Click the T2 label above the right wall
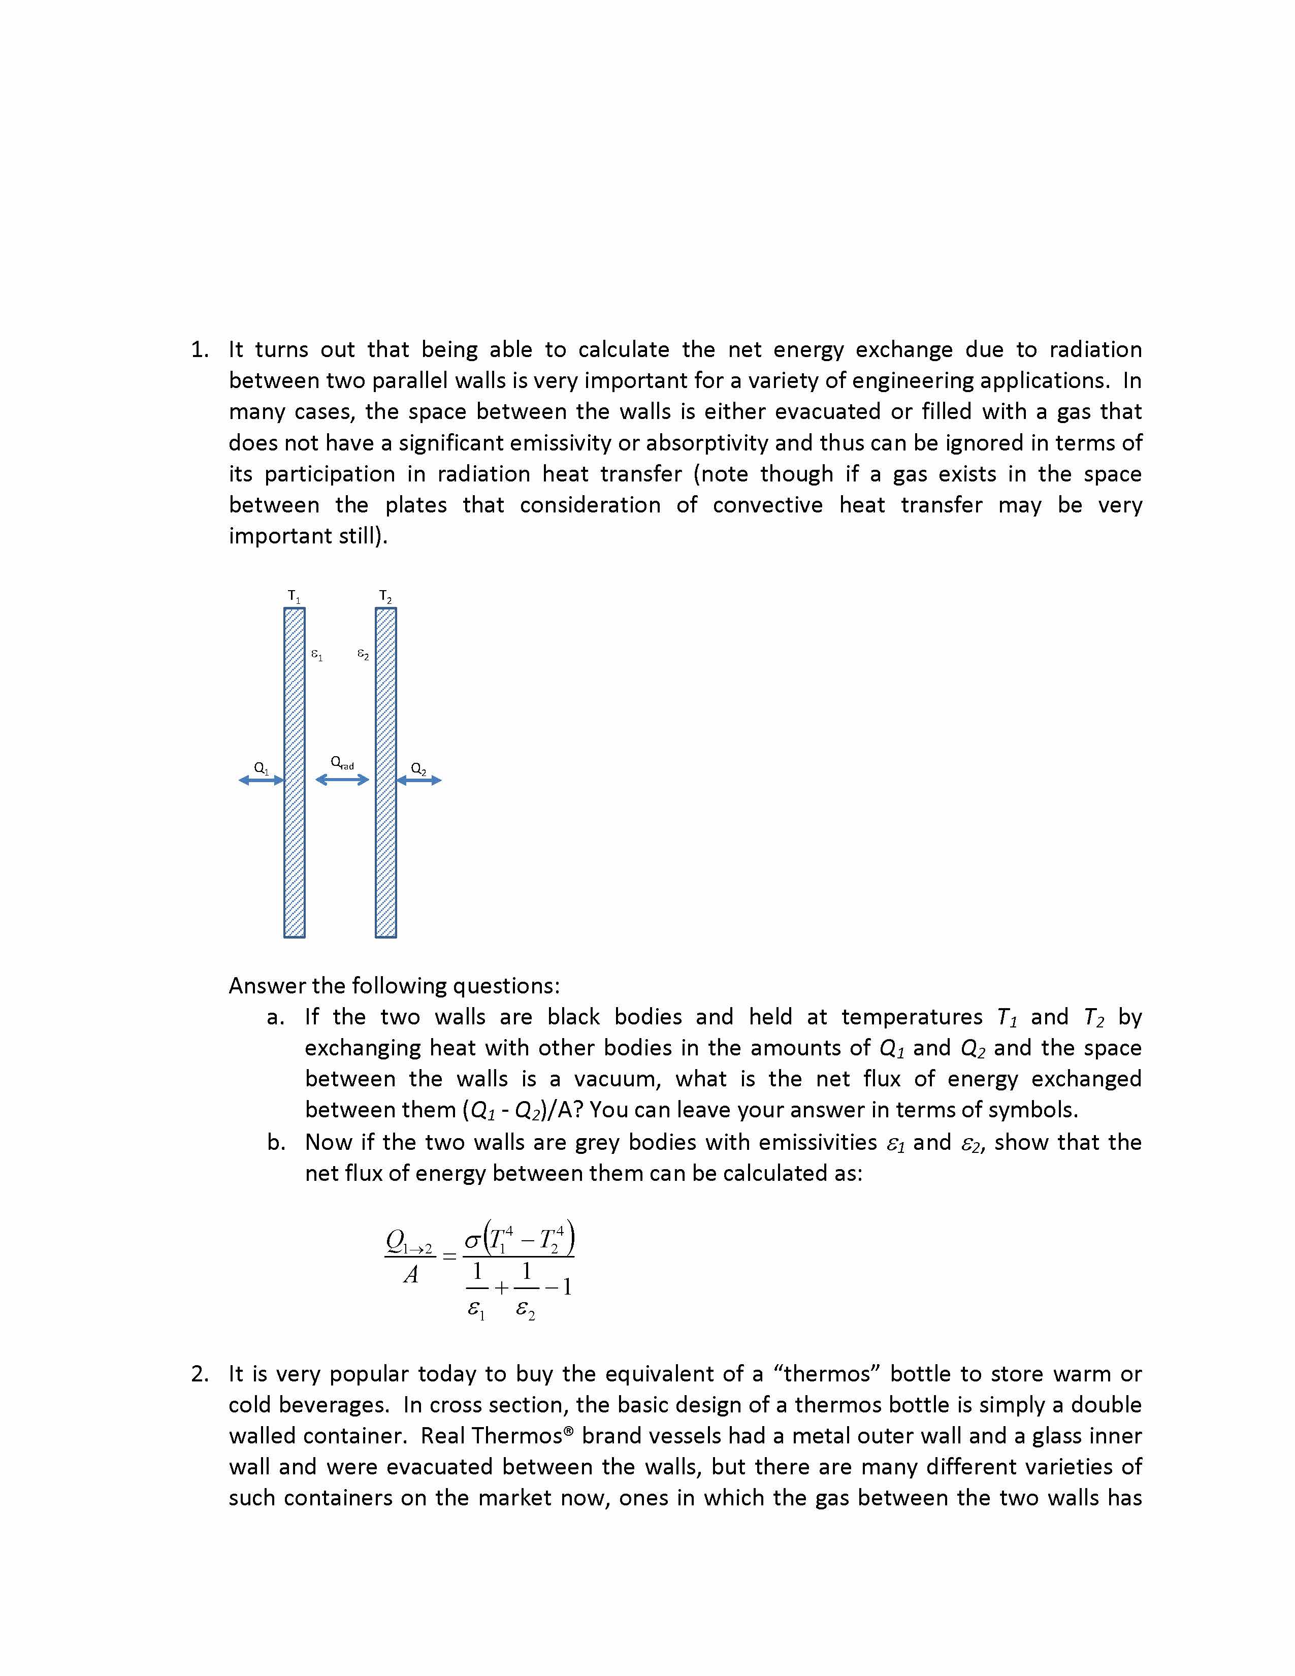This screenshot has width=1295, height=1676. (x=385, y=596)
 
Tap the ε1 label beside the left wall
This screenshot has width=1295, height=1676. (x=316, y=655)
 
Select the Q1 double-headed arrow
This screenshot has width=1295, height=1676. (x=262, y=780)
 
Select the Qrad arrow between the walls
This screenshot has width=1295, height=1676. (x=342, y=780)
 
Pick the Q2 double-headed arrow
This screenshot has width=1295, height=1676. (x=419, y=780)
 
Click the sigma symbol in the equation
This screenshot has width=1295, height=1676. (x=473, y=1239)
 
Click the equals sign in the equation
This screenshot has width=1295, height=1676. (x=449, y=1256)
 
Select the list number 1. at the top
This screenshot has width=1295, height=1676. (x=200, y=350)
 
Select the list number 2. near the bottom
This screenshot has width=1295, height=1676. (x=200, y=1374)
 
